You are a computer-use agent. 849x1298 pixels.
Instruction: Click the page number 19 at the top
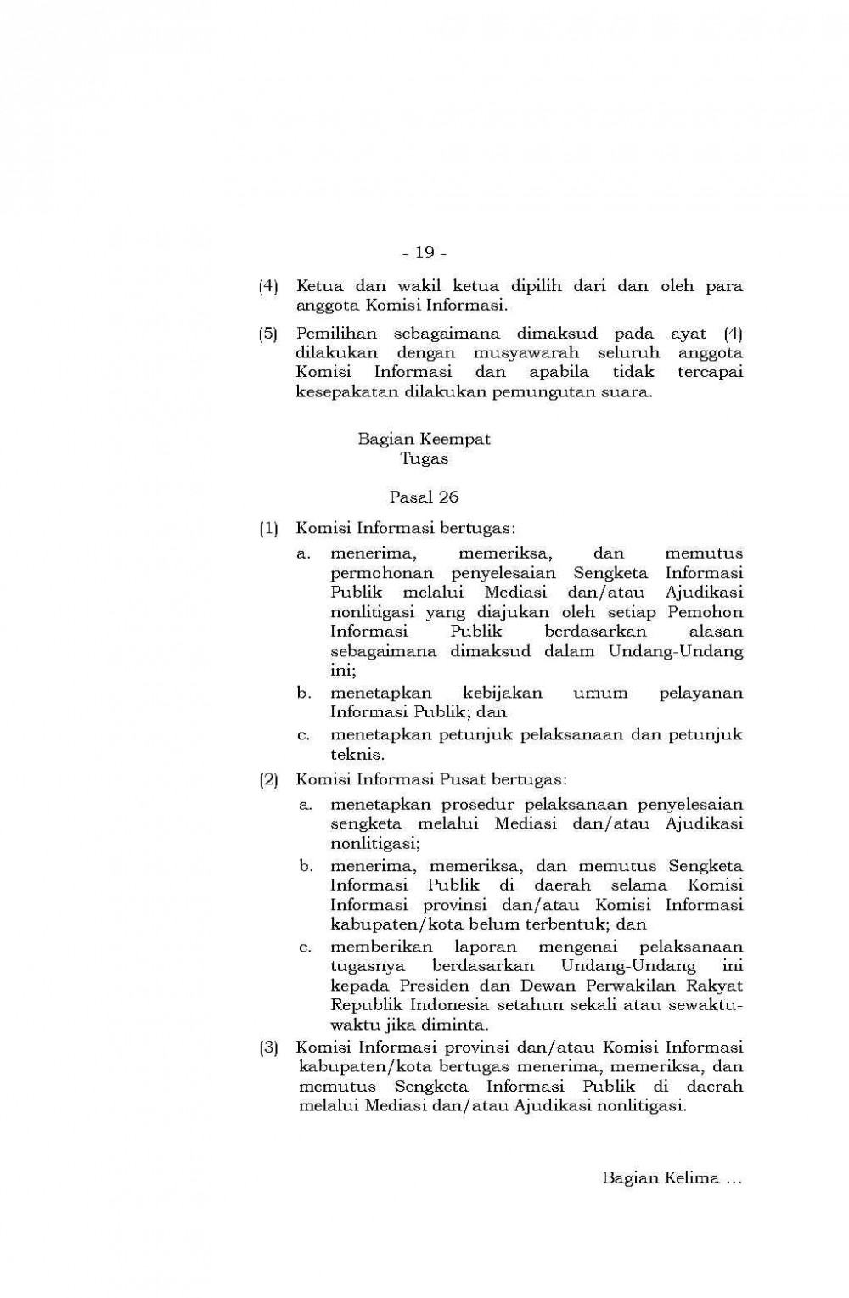[x=424, y=252]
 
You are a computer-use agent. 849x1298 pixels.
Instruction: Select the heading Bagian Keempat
[x=424, y=440]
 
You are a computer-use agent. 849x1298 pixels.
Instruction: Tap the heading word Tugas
[x=424, y=459]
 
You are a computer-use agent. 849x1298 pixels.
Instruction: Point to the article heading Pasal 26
[x=424, y=497]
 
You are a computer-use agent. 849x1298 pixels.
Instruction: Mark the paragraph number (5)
[x=268, y=333]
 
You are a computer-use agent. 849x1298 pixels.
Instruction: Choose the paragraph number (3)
[x=268, y=1048]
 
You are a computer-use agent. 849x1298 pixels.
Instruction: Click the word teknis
[x=356, y=754]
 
